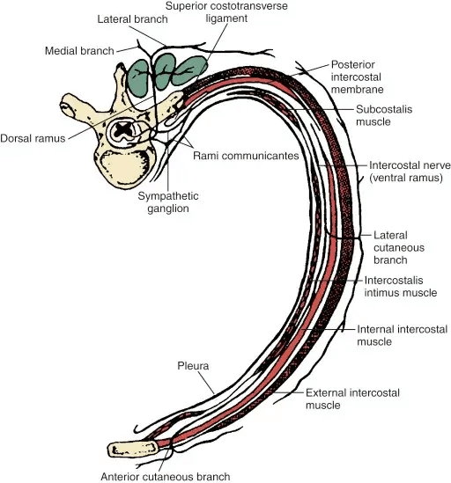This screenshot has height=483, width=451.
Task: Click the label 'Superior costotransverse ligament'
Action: click(226, 12)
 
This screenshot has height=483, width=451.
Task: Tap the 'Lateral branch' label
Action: click(133, 19)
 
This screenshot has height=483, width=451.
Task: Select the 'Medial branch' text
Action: click(79, 50)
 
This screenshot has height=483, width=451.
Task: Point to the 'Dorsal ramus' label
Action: click(33, 138)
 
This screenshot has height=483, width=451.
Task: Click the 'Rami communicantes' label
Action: click(246, 156)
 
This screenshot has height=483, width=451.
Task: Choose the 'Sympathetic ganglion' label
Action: click(168, 202)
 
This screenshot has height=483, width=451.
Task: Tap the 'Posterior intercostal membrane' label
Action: click(357, 77)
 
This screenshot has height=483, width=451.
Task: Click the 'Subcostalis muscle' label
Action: click(384, 115)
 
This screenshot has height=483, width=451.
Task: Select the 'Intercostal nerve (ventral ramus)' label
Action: click(410, 172)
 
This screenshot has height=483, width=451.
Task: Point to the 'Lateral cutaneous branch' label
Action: click(399, 248)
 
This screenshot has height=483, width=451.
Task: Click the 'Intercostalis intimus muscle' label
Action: click(401, 287)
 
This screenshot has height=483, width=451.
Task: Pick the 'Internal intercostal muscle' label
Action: click(402, 335)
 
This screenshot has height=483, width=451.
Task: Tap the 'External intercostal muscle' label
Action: click(352, 399)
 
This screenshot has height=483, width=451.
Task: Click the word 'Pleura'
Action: click(193, 366)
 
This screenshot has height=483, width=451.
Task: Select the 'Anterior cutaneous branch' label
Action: click(166, 477)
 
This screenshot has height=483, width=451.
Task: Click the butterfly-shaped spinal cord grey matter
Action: click(122, 130)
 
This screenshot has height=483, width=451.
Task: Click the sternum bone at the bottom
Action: click(133, 449)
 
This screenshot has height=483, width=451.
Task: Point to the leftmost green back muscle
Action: click(138, 78)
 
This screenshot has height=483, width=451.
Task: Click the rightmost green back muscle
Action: click(189, 71)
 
